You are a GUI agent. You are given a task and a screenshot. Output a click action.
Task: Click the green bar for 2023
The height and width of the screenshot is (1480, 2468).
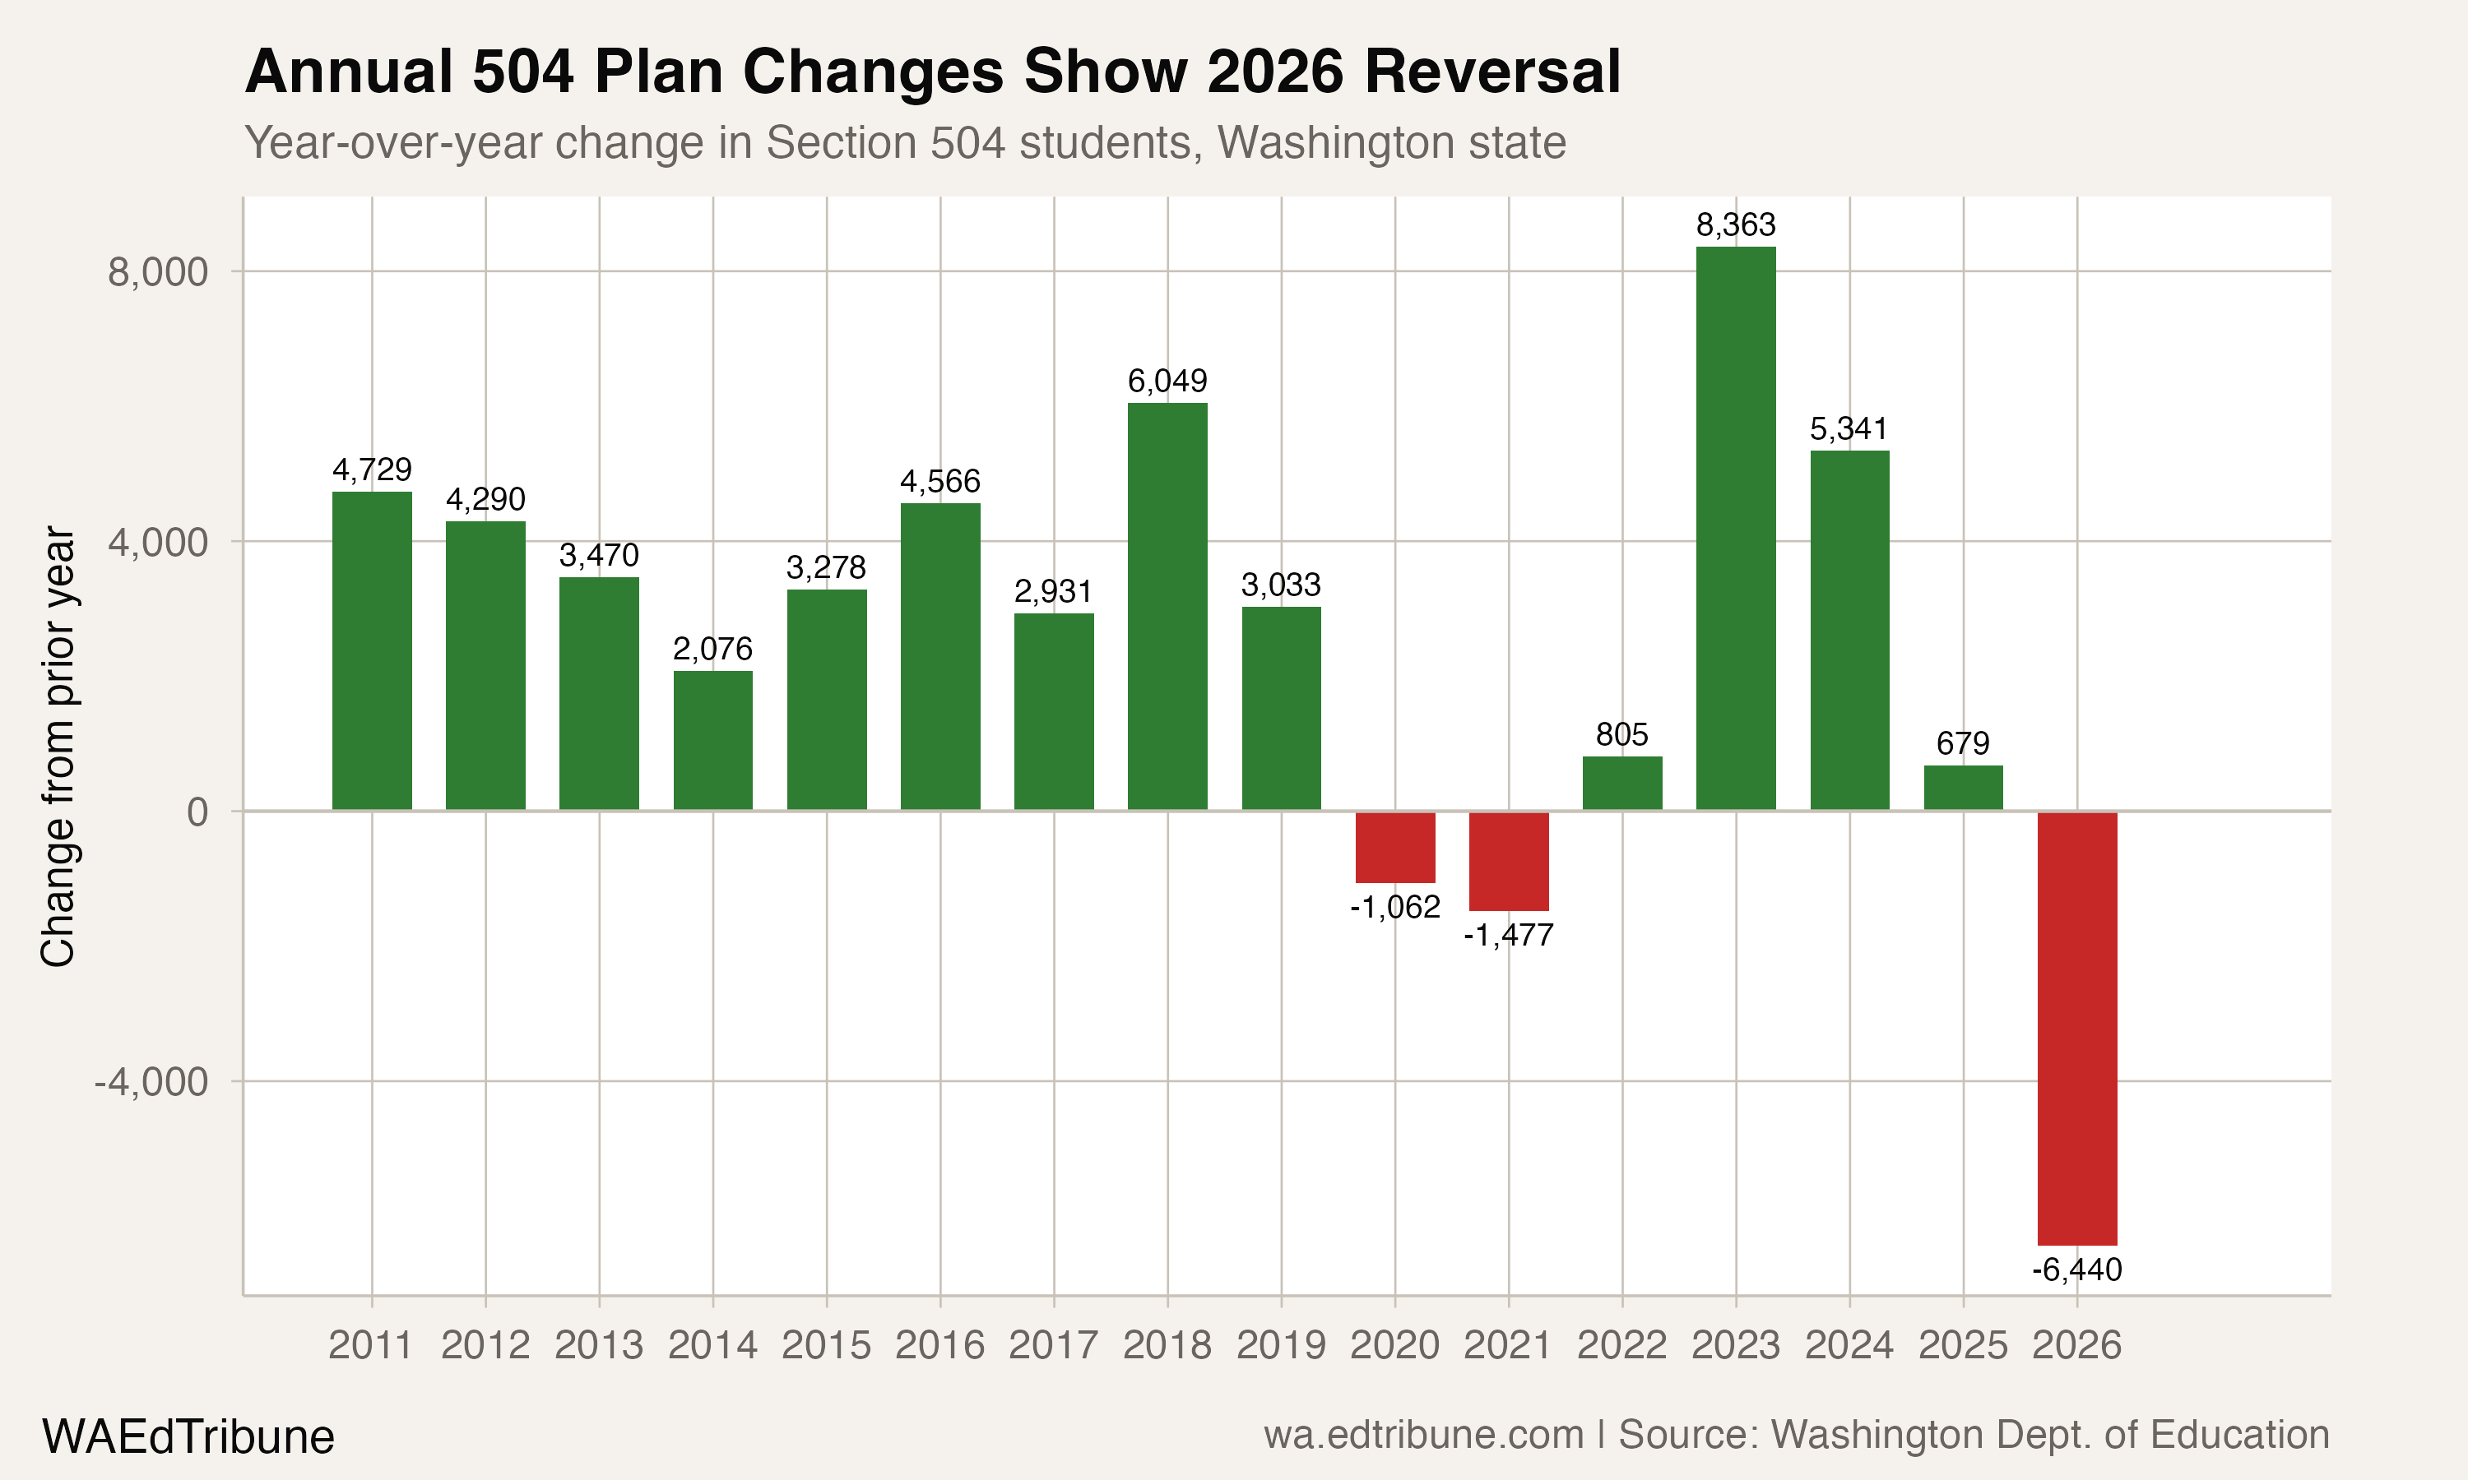click(1736, 529)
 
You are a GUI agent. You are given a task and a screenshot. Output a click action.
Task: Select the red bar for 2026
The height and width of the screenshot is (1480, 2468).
click(2077, 1027)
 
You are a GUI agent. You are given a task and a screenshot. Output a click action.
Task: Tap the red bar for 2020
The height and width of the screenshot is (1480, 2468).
click(1394, 847)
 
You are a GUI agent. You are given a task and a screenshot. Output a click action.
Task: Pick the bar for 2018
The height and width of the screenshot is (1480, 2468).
click(1167, 606)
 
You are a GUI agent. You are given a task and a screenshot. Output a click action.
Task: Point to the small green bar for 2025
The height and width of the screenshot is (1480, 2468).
click(1963, 788)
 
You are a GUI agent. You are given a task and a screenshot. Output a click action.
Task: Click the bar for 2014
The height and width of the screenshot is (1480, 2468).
click(712, 740)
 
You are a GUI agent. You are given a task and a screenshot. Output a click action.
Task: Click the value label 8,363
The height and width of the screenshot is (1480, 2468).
click(1736, 225)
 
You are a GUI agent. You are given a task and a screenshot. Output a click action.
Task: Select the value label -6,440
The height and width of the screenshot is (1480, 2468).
click(2077, 1270)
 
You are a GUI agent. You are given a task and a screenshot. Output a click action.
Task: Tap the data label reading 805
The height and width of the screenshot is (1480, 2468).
click(1622, 735)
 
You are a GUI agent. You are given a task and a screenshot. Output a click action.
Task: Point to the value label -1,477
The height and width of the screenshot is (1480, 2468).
click(1508, 935)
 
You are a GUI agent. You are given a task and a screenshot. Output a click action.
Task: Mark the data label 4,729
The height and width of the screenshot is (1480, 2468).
click(371, 469)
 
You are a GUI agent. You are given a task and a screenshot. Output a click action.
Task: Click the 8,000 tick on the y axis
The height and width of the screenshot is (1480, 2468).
click(158, 271)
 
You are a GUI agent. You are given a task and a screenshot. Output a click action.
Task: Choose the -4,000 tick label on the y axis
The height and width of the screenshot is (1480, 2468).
click(151, 1081)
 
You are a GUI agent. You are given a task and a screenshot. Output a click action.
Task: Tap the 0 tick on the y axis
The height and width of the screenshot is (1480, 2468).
click(197, 812)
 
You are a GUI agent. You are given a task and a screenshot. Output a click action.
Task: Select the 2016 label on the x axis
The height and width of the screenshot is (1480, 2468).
click(939, 1345)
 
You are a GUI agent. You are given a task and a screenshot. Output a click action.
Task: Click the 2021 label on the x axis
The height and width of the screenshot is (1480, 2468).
click(1508, 1345)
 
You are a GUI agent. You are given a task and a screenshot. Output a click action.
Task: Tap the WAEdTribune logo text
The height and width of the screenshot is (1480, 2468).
click(188, 1437)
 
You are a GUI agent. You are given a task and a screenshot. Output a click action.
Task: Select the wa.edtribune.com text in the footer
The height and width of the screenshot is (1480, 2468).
click(1423, 1434)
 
